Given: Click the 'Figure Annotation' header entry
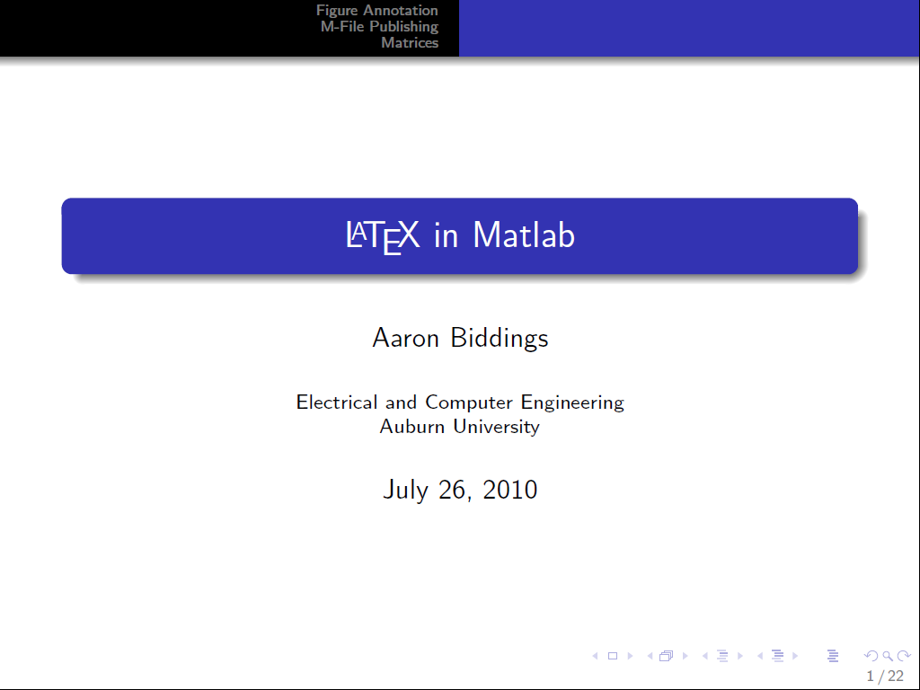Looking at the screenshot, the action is pos(377,11).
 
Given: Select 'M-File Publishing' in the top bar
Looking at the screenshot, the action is pos(380,27).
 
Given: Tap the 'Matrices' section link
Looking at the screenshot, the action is pos(410,43).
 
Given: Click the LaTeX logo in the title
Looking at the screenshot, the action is pos(383,237).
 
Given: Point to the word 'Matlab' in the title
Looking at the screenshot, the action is pos(524,235).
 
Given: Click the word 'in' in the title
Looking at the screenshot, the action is pos(446,236).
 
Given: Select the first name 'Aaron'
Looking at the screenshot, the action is pos(405,338).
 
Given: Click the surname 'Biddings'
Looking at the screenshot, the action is pos(500,339).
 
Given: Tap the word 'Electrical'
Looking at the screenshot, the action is pos(337,402).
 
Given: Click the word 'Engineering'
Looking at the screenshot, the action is pos(572,403).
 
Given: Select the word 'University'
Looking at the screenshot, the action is pos(496,427).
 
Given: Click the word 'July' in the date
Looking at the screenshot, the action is pos(405,490).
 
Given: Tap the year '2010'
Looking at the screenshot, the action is pos(510,490).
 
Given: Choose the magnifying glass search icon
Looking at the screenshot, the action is pos(888,656).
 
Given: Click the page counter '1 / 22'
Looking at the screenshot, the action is pos(885,677).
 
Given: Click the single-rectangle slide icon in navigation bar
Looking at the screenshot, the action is pos(613,656).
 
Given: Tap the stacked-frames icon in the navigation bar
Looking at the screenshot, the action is pos(666,656).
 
